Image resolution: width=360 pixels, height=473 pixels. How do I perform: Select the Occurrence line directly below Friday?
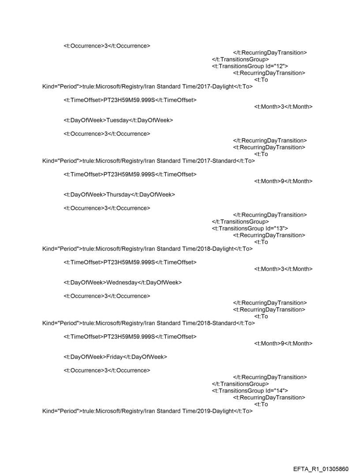click(x=107, y=370)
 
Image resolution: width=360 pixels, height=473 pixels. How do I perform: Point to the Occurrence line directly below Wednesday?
click(x=107, y=295)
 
